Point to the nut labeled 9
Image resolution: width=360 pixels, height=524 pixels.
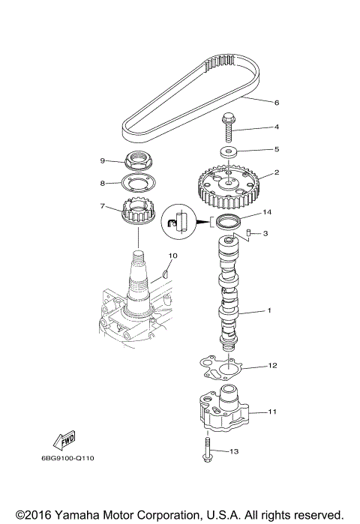(139, 161)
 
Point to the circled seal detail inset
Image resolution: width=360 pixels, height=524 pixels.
(178, 221)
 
